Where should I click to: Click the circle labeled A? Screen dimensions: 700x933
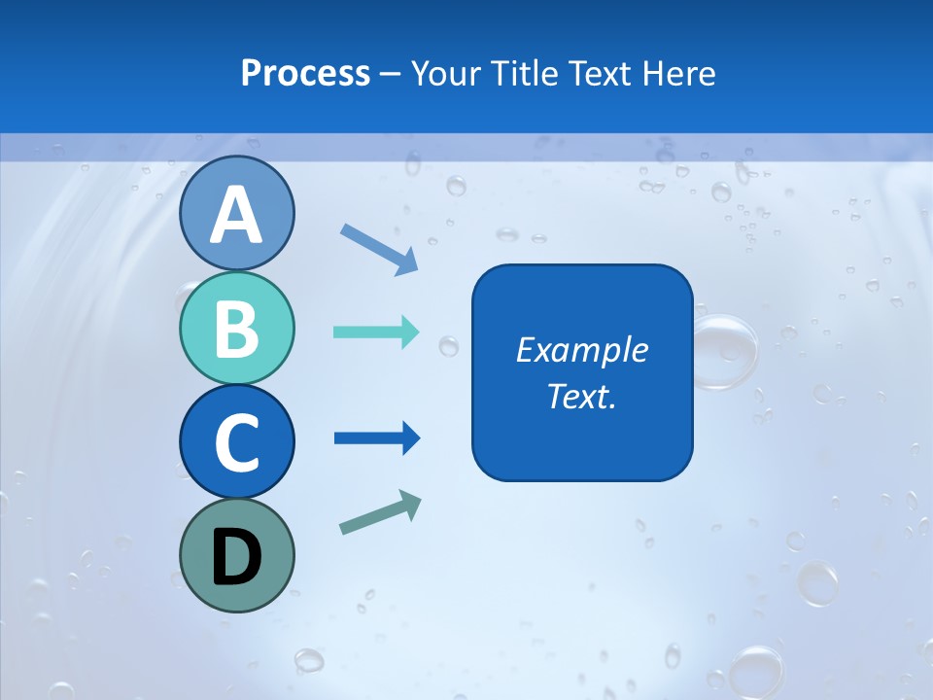coord(236,213)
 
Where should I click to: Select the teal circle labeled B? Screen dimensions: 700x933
coord(236,328)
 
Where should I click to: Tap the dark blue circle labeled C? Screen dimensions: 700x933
coord(236,441)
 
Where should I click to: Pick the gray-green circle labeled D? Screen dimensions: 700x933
coord(236,555)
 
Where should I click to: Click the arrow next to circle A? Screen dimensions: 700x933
coord(379,249)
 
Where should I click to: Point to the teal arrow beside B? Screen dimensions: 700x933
coord(376,332)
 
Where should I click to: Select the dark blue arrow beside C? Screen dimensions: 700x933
coord(377,438)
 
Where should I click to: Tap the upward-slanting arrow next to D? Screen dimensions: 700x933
coord(380,513)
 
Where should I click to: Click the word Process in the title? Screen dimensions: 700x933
coord(305,73)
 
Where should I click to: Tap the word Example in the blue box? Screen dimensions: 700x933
coord(581,350)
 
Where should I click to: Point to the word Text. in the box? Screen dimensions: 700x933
coord(581,396)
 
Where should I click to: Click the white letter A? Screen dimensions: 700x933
coord(236,215)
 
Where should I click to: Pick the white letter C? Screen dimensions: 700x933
coord(236,443)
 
